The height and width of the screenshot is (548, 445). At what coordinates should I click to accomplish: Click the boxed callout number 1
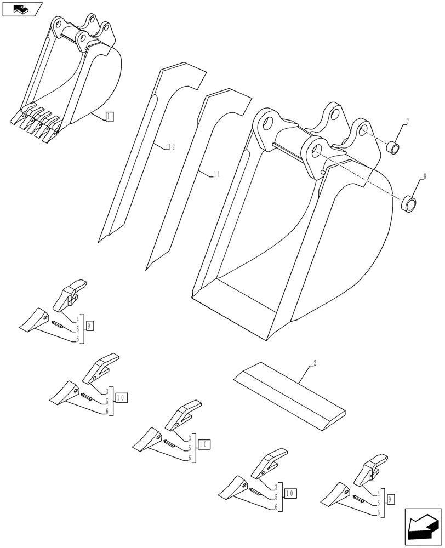(x=110, y=116)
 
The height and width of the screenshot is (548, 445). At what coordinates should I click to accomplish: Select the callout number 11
(x=216, y=174)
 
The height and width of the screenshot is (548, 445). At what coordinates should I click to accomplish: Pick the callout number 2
(x=315, y=363)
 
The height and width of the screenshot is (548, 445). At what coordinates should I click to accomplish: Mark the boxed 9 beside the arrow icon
(x=390, y=500)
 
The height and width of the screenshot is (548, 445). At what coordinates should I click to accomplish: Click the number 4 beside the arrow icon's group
(x=378, y=493)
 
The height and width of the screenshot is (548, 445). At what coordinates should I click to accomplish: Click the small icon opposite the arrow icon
(x=22, y=9)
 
